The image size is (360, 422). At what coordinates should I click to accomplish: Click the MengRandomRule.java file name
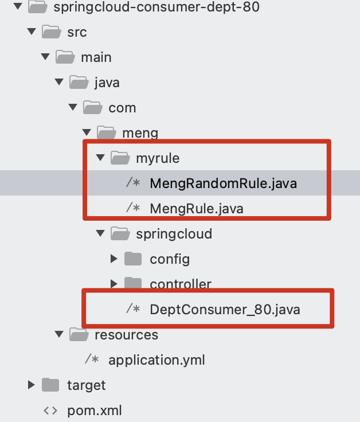pos(224,183)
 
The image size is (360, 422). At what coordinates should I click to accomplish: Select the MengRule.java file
pos(197,209)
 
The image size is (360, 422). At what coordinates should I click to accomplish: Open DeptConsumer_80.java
pos(225,310)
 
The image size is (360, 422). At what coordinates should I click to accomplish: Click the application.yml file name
pos(156,360)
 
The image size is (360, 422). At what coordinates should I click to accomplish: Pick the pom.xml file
pos(95,411)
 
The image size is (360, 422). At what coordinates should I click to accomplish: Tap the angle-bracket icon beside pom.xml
pos(50,411)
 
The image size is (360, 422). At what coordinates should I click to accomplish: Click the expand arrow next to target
pos(32,385)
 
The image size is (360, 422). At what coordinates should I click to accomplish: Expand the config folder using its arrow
pos(114,259)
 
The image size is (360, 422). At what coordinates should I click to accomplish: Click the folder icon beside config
pos(133,259)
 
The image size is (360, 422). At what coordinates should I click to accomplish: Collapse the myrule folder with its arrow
pos(100,158)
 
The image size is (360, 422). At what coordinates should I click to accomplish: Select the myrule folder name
pos(158,158)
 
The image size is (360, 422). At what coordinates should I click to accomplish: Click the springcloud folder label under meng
pos(174,234)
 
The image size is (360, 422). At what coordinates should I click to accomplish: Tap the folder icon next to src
pos(52,32)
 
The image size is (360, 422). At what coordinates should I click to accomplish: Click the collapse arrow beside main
pos(45,57)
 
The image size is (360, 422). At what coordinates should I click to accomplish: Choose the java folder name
pos(107,83)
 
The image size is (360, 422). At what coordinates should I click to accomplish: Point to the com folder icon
pos(93,107)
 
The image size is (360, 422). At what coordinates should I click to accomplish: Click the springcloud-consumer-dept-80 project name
pos(156,7)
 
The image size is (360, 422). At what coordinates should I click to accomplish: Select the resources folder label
pos(127,335)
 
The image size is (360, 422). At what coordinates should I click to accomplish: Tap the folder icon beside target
pos(50,385)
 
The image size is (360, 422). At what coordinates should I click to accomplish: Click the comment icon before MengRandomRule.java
pos(133,182)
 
